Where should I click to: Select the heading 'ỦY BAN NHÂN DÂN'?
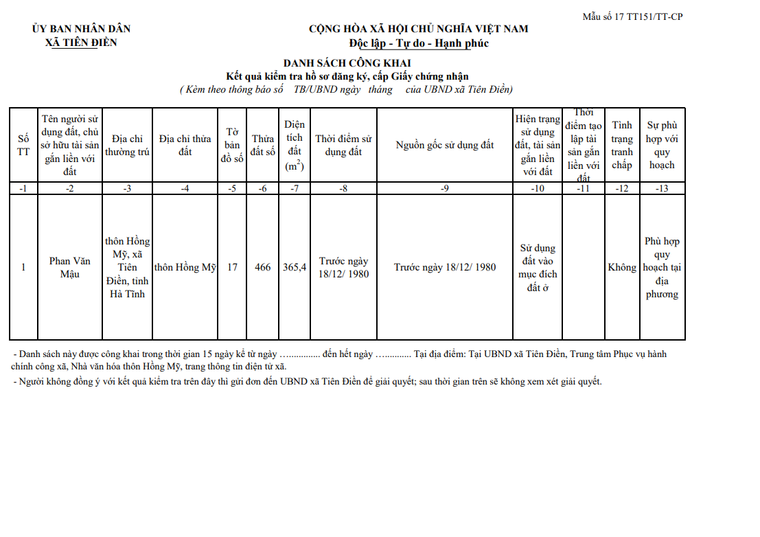81,29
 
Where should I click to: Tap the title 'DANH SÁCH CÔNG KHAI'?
347,63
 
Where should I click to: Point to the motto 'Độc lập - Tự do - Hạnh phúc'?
418,43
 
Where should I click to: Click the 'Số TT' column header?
23,146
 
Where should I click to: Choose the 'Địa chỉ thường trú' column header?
127,146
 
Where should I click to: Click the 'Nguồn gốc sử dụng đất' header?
444,145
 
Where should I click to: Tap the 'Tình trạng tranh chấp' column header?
622,145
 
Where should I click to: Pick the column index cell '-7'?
295,189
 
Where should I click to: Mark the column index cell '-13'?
662,189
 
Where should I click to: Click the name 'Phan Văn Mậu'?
69,267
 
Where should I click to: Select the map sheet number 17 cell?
232,267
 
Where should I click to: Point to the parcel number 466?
262,267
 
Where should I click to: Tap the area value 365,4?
295,267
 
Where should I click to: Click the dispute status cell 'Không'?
622,267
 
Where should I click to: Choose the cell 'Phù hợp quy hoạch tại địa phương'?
662,268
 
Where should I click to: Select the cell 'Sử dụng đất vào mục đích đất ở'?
538,268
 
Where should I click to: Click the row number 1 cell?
23,267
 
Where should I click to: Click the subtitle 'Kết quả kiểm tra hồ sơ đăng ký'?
347,76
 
